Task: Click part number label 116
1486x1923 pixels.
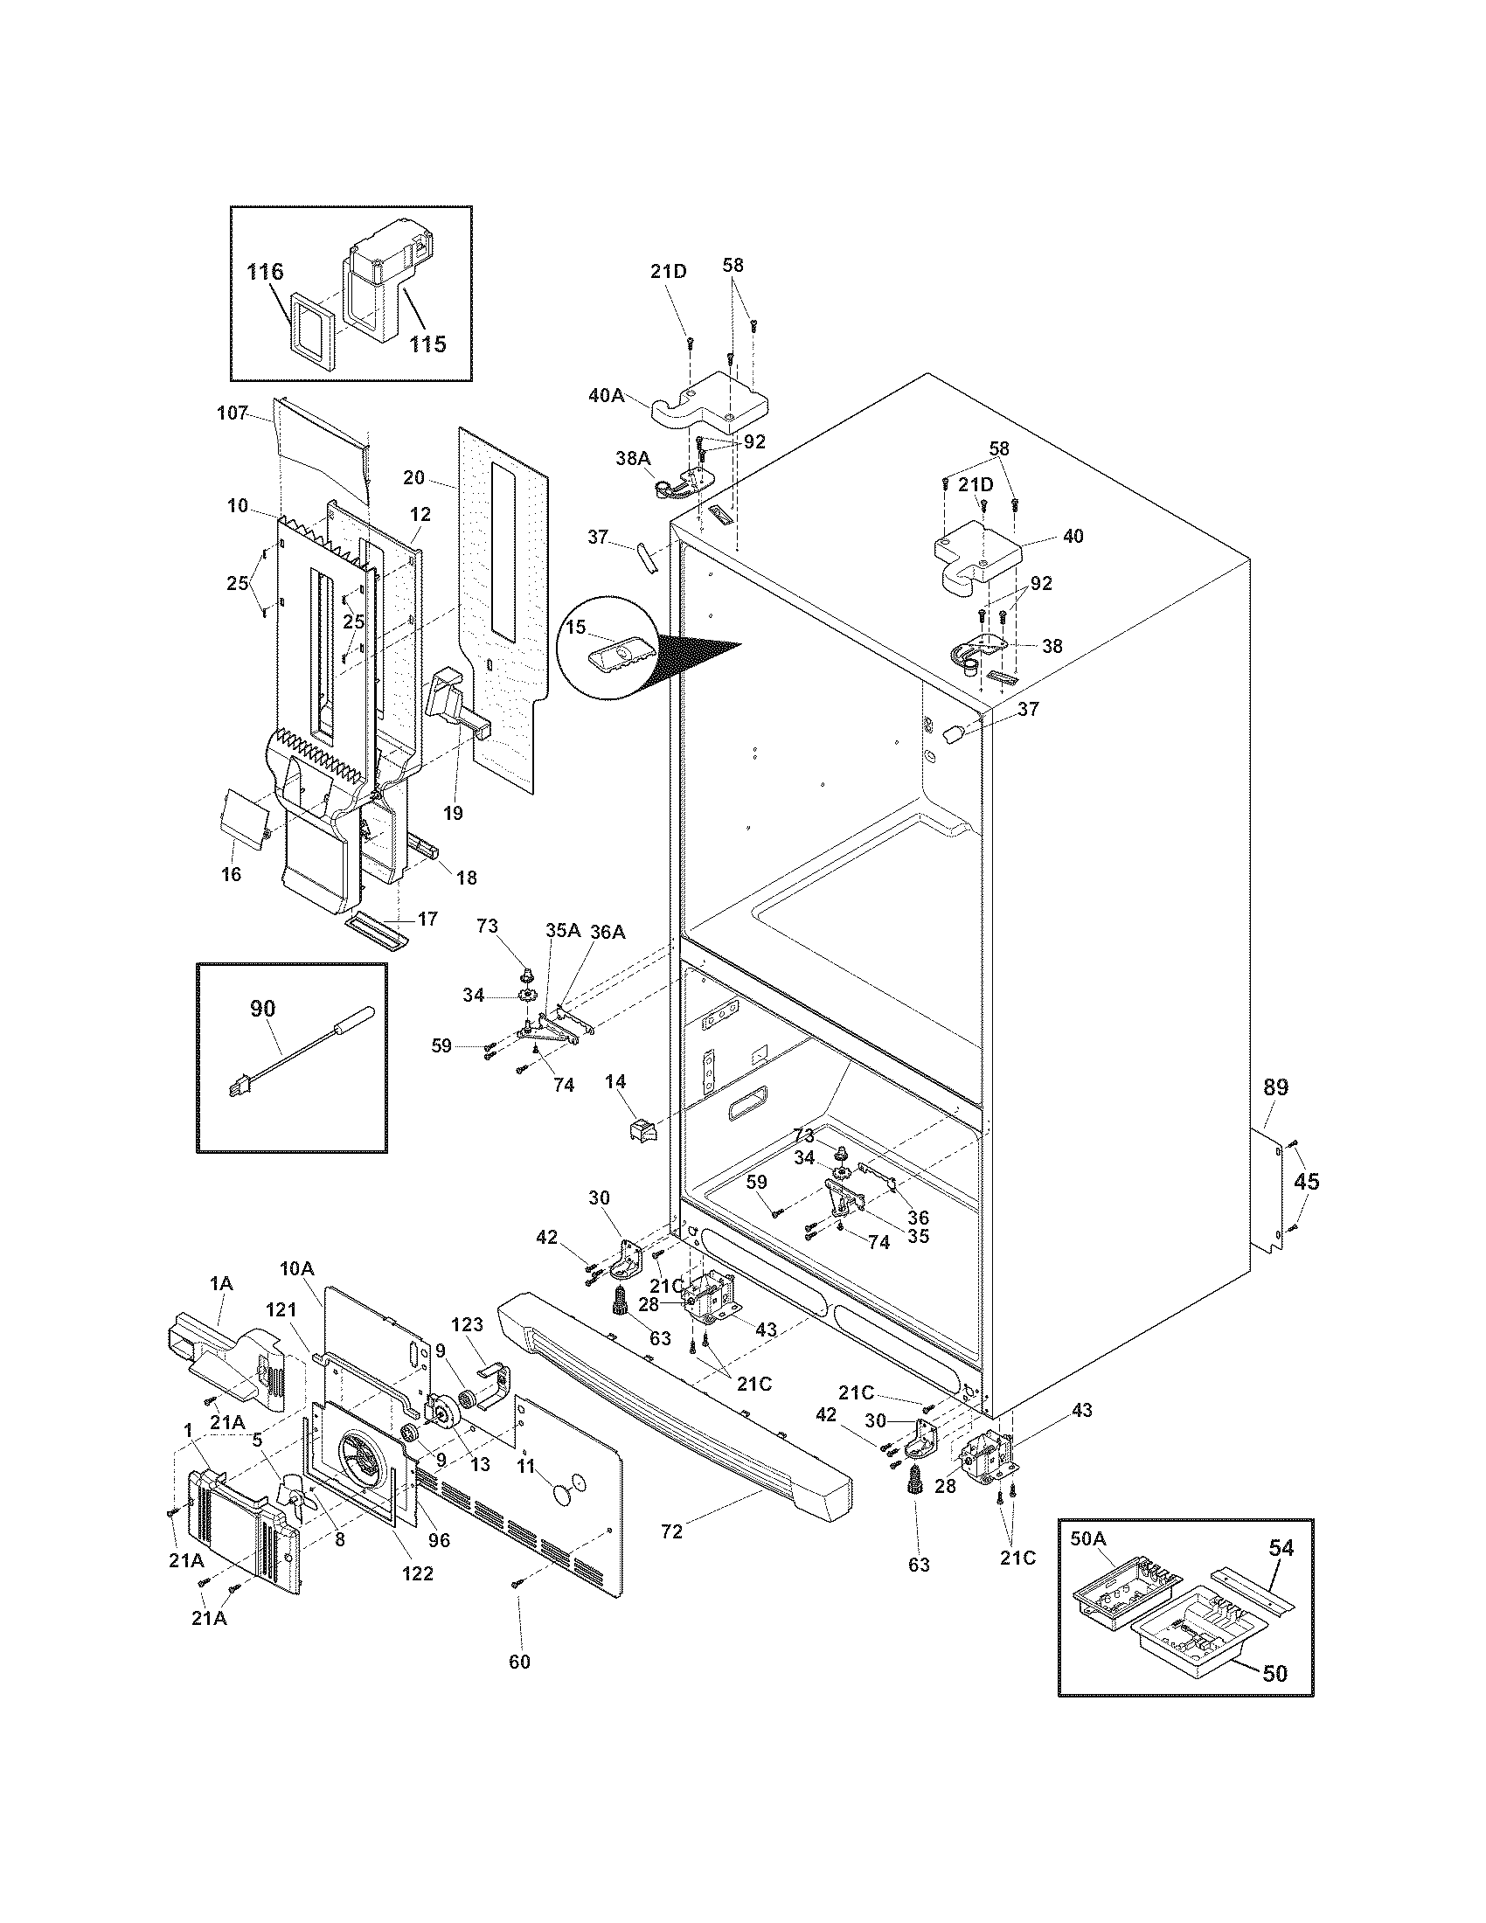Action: (265, 271)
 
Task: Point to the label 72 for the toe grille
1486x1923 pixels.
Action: (671, 1531)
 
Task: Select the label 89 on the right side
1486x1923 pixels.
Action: (1275, 1087)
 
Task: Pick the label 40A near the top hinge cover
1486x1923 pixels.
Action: (607, 395)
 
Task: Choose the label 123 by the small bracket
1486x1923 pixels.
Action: (468, 1348)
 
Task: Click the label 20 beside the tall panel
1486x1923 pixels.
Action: (414, 477)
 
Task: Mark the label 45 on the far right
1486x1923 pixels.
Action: (1307, 1181)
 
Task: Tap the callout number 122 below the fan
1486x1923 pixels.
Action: (417, 1572)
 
